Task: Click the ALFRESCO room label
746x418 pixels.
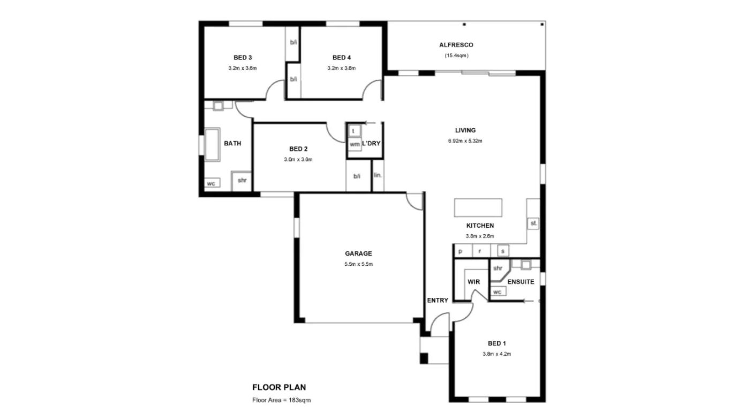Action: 456,45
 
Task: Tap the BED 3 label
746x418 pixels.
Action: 243,58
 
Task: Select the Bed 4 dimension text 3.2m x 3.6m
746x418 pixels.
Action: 341,68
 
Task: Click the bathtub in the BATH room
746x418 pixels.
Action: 212,144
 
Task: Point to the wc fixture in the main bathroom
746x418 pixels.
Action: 212,183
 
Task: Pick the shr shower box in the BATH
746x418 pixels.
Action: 242,181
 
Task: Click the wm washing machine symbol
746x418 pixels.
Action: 355,144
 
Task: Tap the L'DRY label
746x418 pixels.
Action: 371,143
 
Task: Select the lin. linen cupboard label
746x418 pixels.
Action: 378,175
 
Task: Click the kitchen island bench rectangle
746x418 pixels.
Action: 478,208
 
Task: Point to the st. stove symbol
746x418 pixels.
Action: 533,223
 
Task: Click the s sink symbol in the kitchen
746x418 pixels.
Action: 503,251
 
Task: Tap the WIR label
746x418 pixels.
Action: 473,282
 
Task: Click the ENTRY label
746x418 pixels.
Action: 438,300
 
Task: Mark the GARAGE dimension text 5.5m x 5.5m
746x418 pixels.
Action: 358,264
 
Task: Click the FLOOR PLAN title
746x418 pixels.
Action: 279,387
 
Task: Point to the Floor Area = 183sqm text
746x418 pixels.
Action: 281,400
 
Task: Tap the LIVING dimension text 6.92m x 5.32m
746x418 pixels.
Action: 465,140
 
